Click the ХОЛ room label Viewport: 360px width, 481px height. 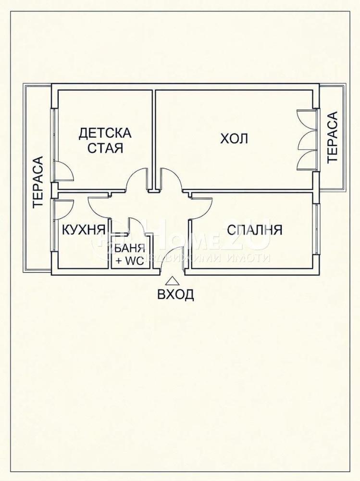pos(234,139)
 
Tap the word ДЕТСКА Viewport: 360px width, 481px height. pos(105,133)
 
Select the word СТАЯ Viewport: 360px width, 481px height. pos(105,148)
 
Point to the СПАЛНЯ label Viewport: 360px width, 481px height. pos(255,229)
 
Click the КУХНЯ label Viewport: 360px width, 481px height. pos(84,229)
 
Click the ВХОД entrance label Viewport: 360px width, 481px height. pos(176,294)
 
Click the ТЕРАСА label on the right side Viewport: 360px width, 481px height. pos(333,137)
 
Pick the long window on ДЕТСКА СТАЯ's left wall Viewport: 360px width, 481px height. pos(53,144)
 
